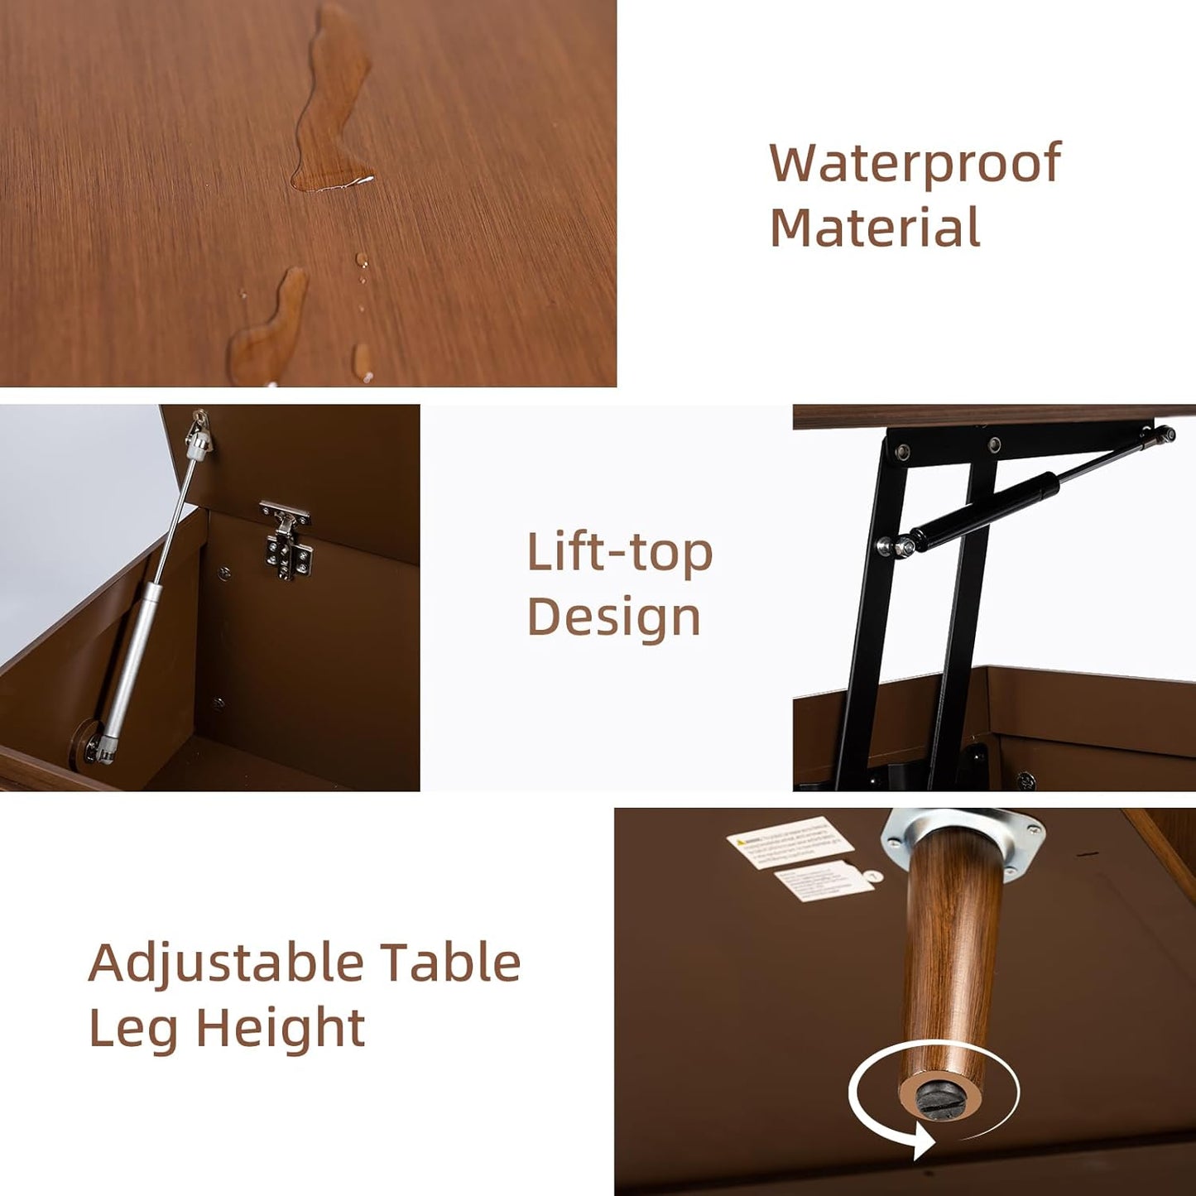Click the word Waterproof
(915, 164)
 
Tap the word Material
(875, 228)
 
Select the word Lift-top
(619, 553)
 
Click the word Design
(613, 617)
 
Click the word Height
(281, 1028)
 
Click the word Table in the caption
(450, 963)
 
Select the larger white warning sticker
(790, 842)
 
